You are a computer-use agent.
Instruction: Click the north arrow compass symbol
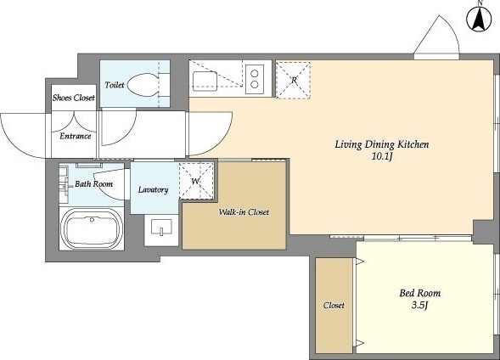479,19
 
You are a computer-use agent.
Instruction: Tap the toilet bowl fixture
143,85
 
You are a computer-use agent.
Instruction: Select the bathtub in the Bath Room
92,228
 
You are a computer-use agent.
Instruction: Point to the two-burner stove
255,79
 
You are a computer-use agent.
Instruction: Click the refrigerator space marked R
293,81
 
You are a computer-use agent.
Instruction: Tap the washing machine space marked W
196,181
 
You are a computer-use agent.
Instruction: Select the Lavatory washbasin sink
161,227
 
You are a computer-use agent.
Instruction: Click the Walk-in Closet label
244,212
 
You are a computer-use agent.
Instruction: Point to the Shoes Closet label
74,98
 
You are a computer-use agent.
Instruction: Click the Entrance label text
76,136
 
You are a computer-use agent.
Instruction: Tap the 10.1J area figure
382,156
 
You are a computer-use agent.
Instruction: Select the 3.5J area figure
419,306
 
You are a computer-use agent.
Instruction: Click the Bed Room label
420,293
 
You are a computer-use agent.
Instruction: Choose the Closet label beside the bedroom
334,305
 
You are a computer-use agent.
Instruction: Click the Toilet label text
115,85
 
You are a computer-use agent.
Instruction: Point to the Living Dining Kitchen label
382,144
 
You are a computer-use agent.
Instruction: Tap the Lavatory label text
153,189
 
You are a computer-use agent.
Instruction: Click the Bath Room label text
93,184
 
